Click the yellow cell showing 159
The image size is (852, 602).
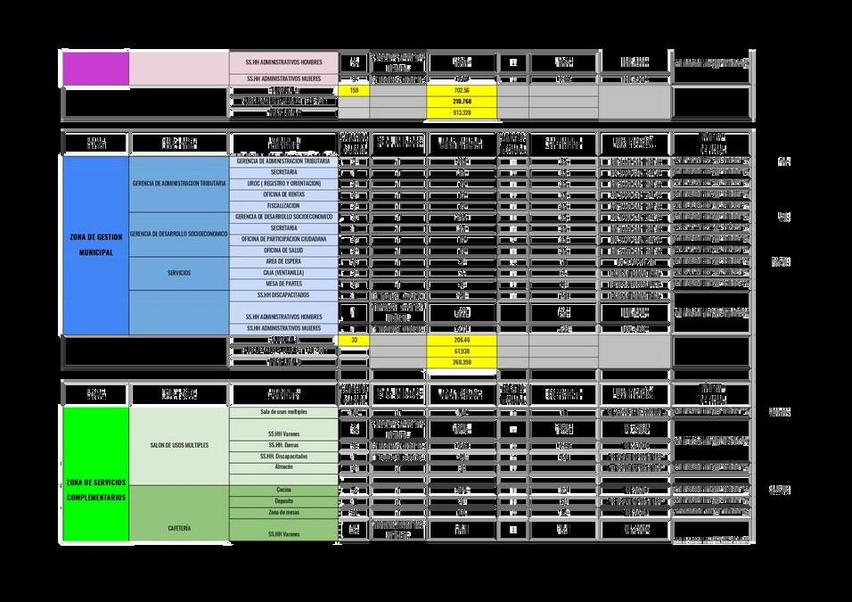point(354,91)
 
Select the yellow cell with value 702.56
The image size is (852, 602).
point(462,91)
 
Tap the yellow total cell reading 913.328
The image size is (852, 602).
point(462,113)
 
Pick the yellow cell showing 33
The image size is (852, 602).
point(354,341)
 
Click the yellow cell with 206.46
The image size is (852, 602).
point(462,341)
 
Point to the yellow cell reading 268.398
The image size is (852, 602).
point(462,363)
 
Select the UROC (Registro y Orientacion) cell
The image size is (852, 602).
point(283,183)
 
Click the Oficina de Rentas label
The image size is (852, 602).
point(283,194)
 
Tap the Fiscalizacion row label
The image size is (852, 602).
point(283,205)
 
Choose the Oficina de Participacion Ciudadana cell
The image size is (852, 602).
point(283,239)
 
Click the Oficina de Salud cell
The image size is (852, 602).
point(283,250)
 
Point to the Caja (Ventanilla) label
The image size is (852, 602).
point(283,272)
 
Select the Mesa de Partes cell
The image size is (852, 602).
point(283,284)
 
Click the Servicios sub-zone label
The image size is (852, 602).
point(179,273)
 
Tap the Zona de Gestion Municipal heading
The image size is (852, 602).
point(95,245)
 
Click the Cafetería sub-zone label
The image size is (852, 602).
point(179,528)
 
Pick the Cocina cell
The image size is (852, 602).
point(283,491)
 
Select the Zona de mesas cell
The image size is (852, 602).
point(283,513)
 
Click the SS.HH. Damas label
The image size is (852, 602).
point(283,445)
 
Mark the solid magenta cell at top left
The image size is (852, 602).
point(95,68)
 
